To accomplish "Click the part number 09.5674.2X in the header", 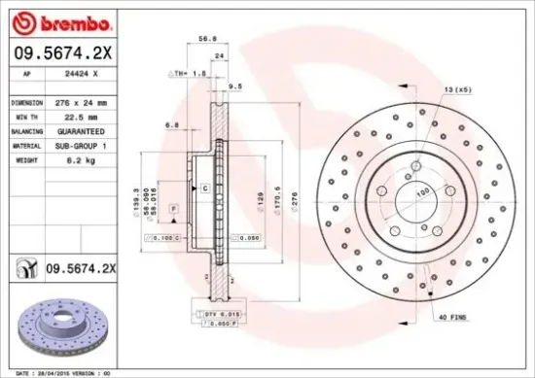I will click(62, 53).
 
